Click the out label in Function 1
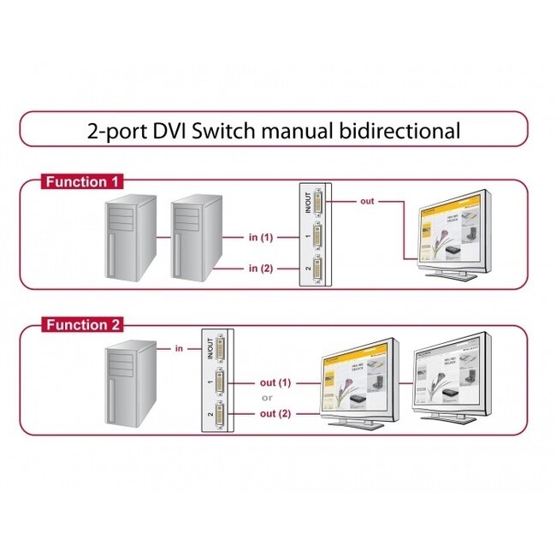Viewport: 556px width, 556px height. pyautogui.click(x=366, y=201)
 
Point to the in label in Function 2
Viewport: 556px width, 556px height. pyautogui.click(x=178, y=348)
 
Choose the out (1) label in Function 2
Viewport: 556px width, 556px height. pyautogui.click(x=275, y=382)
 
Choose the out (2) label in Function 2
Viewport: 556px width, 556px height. pyautogui.click(x=275, y=414)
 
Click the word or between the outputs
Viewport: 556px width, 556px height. pyautogui.click(x=267, y=398)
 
